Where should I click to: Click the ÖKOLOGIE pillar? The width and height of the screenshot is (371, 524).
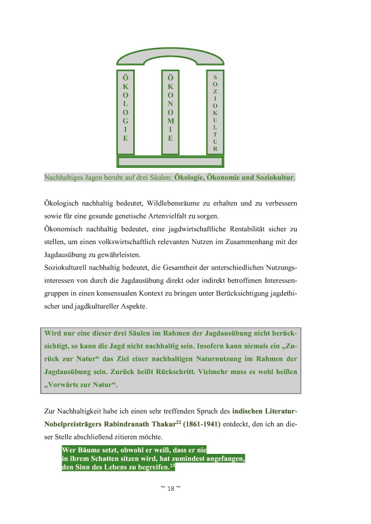click(x=126, y=112)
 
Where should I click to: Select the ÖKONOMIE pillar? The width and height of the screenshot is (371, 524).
click(x=171, y=112)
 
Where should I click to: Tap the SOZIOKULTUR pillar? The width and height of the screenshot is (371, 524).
click(x=215, y=112)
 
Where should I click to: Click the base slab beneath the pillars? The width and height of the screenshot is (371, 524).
click(x=170, y=162)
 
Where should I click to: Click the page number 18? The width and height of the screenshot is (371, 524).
click(x=171, y=488)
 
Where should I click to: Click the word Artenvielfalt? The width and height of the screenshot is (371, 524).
click(x=180, y=215)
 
